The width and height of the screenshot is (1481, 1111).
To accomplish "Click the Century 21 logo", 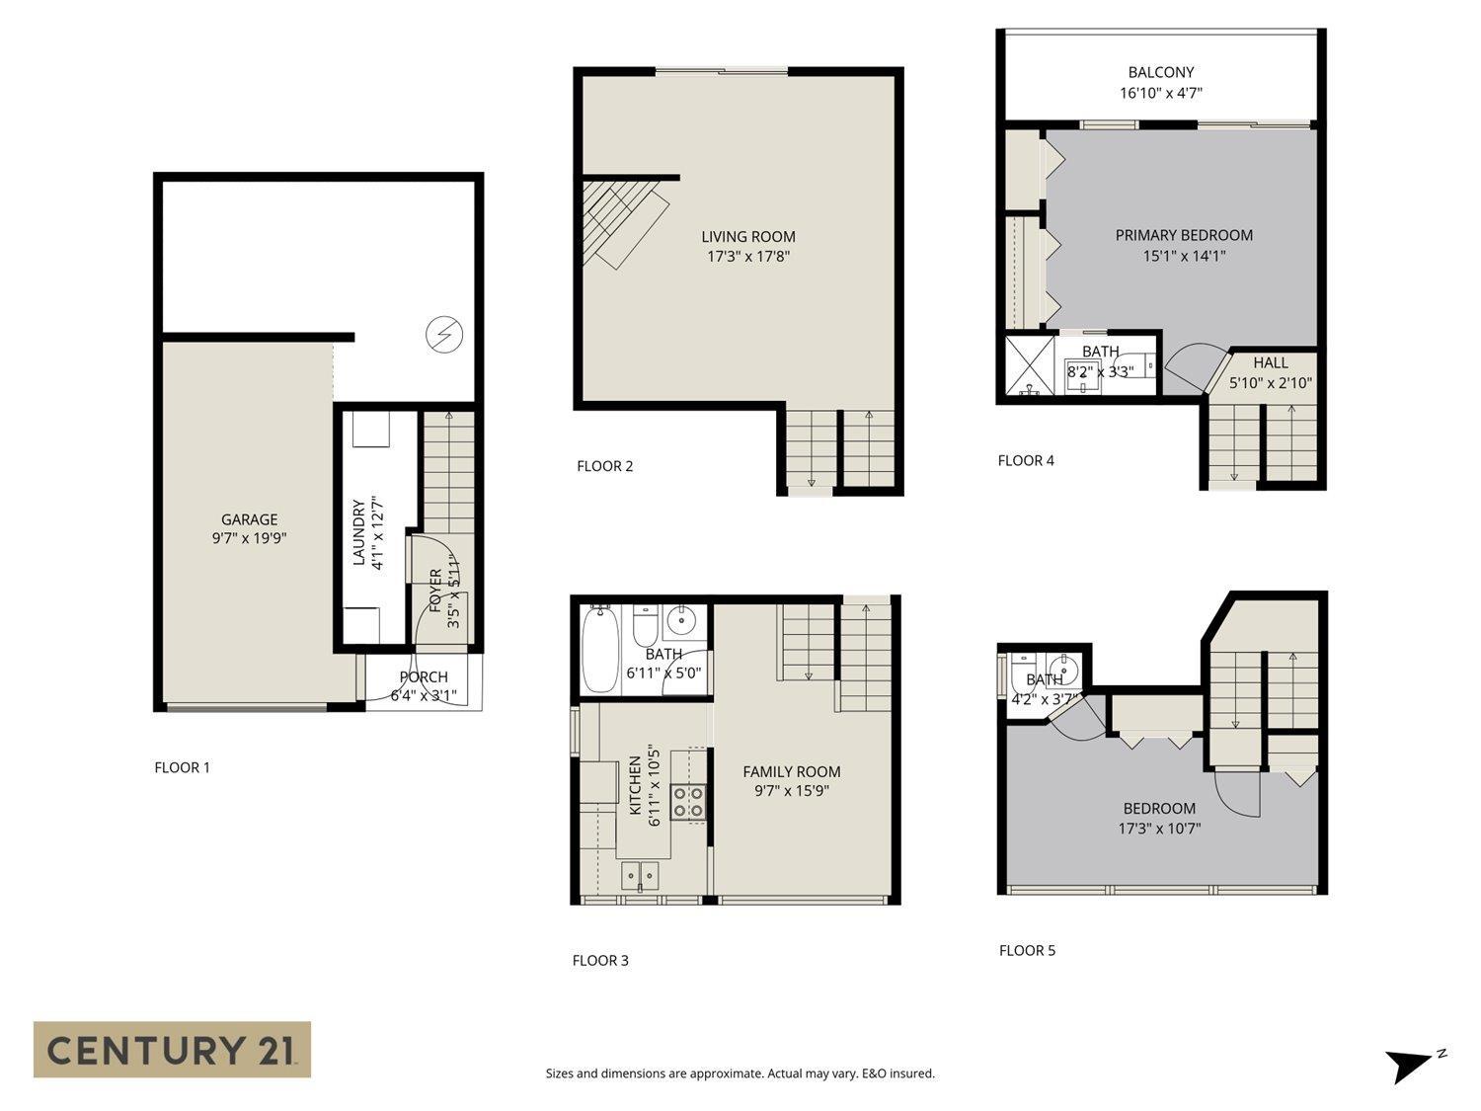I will [172, 1049].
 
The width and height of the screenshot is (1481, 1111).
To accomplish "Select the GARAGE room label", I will [249, 519].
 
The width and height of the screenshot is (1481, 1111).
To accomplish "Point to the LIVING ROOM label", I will [747, 236].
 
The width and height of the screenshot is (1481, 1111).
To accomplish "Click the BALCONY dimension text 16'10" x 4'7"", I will [1160, 94].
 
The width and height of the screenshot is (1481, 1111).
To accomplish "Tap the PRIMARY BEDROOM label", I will [1184, 235].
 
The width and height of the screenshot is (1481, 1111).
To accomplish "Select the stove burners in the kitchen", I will [689, 802].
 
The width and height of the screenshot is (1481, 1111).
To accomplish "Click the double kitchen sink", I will [641, 875].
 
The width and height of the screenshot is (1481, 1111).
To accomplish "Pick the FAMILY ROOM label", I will [792, 771].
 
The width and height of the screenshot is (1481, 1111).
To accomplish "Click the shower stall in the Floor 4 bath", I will [1030, 366].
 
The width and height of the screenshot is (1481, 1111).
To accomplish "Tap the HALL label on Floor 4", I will [1270, 362].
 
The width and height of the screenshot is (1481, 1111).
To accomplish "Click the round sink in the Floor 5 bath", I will [1064, 665].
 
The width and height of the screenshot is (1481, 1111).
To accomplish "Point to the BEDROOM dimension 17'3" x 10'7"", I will [1159, 830].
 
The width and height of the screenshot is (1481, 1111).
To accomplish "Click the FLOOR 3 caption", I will [600, 960].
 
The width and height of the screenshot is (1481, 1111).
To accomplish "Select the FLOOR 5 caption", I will [1027, 950].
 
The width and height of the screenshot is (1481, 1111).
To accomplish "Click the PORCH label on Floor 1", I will [424, 677].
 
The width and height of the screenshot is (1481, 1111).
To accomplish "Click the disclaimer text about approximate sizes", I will [740, 1073].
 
